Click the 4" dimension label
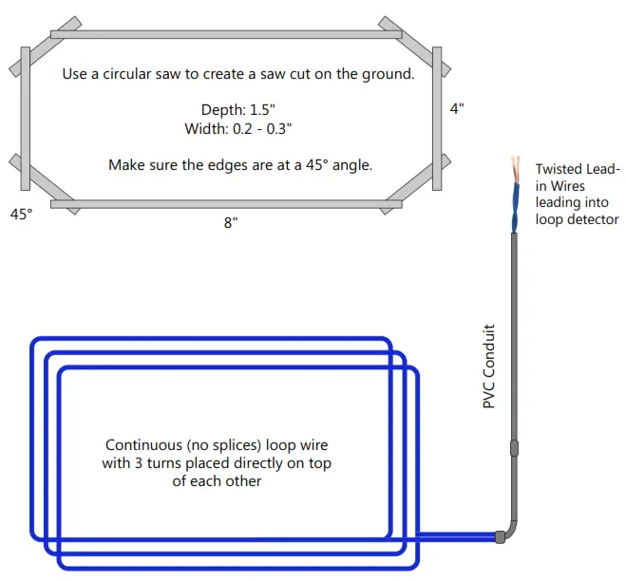tap(457, 108)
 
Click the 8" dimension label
tap(231, 223)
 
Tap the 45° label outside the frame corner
tap(22, 215)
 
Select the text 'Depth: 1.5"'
tap(237, 110)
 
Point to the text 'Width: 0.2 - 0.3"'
tap(237, 128)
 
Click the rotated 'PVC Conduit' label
tap(489, 366)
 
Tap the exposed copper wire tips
tap(516, 170)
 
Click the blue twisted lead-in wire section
tap(516, 208)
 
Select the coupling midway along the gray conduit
tap(514, 448)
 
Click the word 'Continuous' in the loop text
tap(143, 444)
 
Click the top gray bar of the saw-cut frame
tap(226, 35)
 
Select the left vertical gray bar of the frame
tap(26, 119)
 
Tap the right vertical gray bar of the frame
tap(437, 119)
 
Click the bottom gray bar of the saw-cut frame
tap(226, 204)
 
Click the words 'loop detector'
tap(577, 219)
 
